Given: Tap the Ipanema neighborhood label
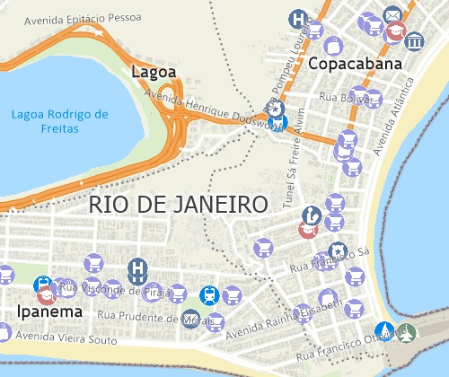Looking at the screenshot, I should pyautogui.click(x=49, y=311).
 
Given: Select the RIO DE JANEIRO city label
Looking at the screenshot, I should pyautogui.click(x=179, y=204).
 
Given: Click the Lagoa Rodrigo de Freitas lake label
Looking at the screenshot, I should pyautogui.click(x=60, y=121).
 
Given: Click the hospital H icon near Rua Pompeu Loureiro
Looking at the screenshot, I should pyautogui.click(x=298, y=18).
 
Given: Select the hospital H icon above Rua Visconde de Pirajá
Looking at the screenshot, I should pyautogui.click(x=138, y=267).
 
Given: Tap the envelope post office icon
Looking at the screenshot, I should pyautogui.click(x=392, y=15).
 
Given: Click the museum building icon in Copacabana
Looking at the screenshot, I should pyautogui.click(x=415, y=43).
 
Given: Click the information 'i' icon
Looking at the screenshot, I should pyautogui.click(x=311, y=214).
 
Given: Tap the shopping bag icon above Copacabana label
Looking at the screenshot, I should pyautogui.click(x=332, y=44).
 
